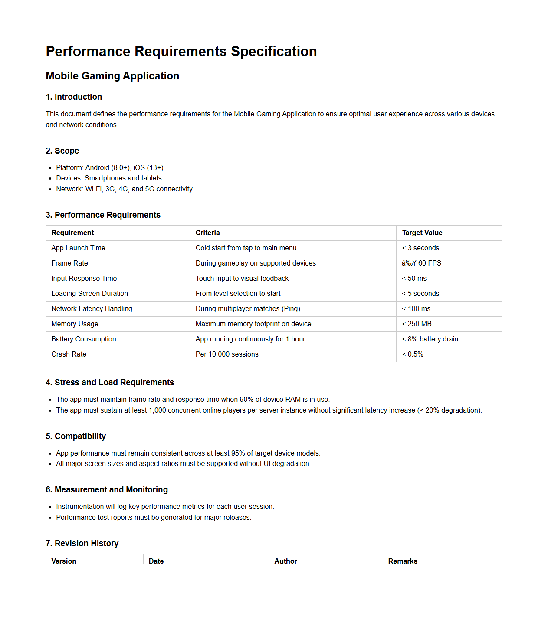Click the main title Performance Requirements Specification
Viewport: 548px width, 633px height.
coord(181,51)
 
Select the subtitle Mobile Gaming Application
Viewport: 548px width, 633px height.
coord(112,76)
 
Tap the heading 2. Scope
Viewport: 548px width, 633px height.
coord(62,151)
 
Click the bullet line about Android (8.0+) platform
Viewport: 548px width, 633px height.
coord(109,167)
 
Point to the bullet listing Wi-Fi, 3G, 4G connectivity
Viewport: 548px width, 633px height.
coord(124,189)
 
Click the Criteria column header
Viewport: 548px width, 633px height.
coord(207,233)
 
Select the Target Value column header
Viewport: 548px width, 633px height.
coord(422,233)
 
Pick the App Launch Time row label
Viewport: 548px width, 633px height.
coord(78,248)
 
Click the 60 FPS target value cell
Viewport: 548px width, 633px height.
coord(421,263)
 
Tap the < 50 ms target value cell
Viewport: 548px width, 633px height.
coord(414,278)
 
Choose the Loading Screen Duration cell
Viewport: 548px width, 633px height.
coord(89,293)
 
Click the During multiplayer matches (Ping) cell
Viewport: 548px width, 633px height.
coord(248,308)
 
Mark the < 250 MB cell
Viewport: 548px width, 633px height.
coord(417,324)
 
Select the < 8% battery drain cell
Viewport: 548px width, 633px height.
coord(430,339)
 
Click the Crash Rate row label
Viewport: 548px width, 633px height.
coord(69,354)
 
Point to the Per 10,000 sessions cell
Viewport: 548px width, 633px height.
coord(226,354)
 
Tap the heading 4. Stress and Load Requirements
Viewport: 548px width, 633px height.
coord(110,382)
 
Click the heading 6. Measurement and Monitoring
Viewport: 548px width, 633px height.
coord(107,489)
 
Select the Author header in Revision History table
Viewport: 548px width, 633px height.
coord(285,561)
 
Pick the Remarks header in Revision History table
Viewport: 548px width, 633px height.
coord(402,561)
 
